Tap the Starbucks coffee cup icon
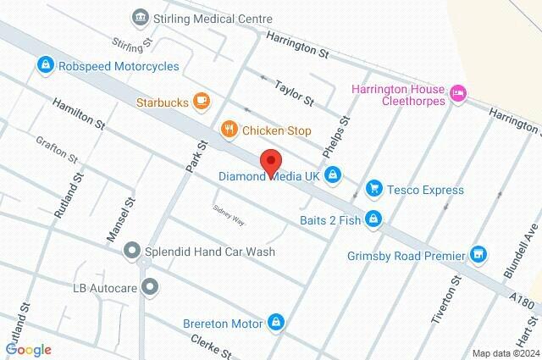click(x=201, y=102)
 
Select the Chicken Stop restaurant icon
click(x=229, y=130)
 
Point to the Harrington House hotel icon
click(x=458, y=93)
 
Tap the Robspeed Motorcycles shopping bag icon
click(x=44, y=64)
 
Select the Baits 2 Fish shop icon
click(x=373, y=220)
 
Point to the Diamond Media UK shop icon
click(x=333, y=174)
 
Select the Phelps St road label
click(x=335, y=137)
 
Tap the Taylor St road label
click(x=295, y=93)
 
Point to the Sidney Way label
click(x=229, y=214)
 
